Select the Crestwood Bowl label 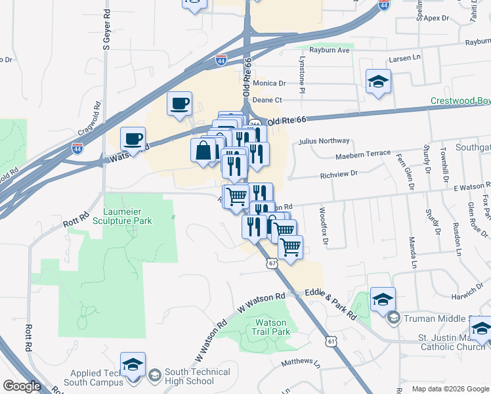[460, 101]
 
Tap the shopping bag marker [203, 150]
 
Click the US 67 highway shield [272, 263]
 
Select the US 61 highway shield [331, 341]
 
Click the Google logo [22, 386]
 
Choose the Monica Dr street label [269, 83]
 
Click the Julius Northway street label [324, 141]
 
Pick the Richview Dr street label [338, 174]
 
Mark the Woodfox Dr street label [322, 221]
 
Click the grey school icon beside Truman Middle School [393, 319]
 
